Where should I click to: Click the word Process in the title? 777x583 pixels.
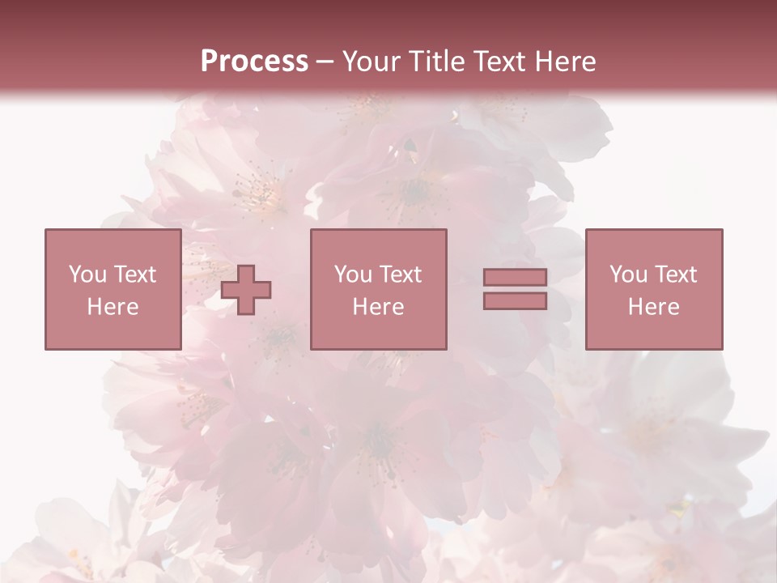tap(254, 62)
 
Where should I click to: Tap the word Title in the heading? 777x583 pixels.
tap(437, 62)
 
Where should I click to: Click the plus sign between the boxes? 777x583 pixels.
tap(246, 289)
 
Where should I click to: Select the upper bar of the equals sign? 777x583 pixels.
tap(515, 278)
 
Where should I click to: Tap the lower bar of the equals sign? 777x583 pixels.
tap(515, 300)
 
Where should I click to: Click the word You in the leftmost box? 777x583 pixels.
tap(87, 274)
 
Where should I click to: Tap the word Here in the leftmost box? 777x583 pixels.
tap(113, 307)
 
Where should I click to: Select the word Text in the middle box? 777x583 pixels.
tap(400, 274)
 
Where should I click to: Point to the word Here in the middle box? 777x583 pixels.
tap(378, 307)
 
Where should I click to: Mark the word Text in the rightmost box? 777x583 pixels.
tap(675, 274)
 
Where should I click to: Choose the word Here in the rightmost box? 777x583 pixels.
tap(654, 307)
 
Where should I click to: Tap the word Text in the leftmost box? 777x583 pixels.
tap(134, 274)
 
